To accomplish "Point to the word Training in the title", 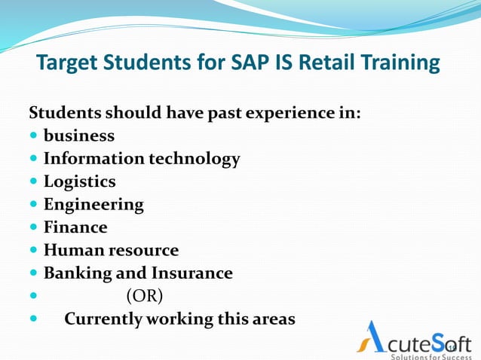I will tap(403, 63).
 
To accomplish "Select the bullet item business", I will tap(79, 136).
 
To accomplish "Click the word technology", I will tap(195, 159).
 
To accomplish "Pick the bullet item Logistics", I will tap(79, 182).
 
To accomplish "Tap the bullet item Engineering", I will tap(93, 204).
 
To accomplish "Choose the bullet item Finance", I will tap(75, 227).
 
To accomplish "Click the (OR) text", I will tap(144, 295).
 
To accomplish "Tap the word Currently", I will tap(103, 319).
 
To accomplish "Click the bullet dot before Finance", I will tap(34, 227).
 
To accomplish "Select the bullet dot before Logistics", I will tap(34, 182).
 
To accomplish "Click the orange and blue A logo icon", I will tap(372, 337).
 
